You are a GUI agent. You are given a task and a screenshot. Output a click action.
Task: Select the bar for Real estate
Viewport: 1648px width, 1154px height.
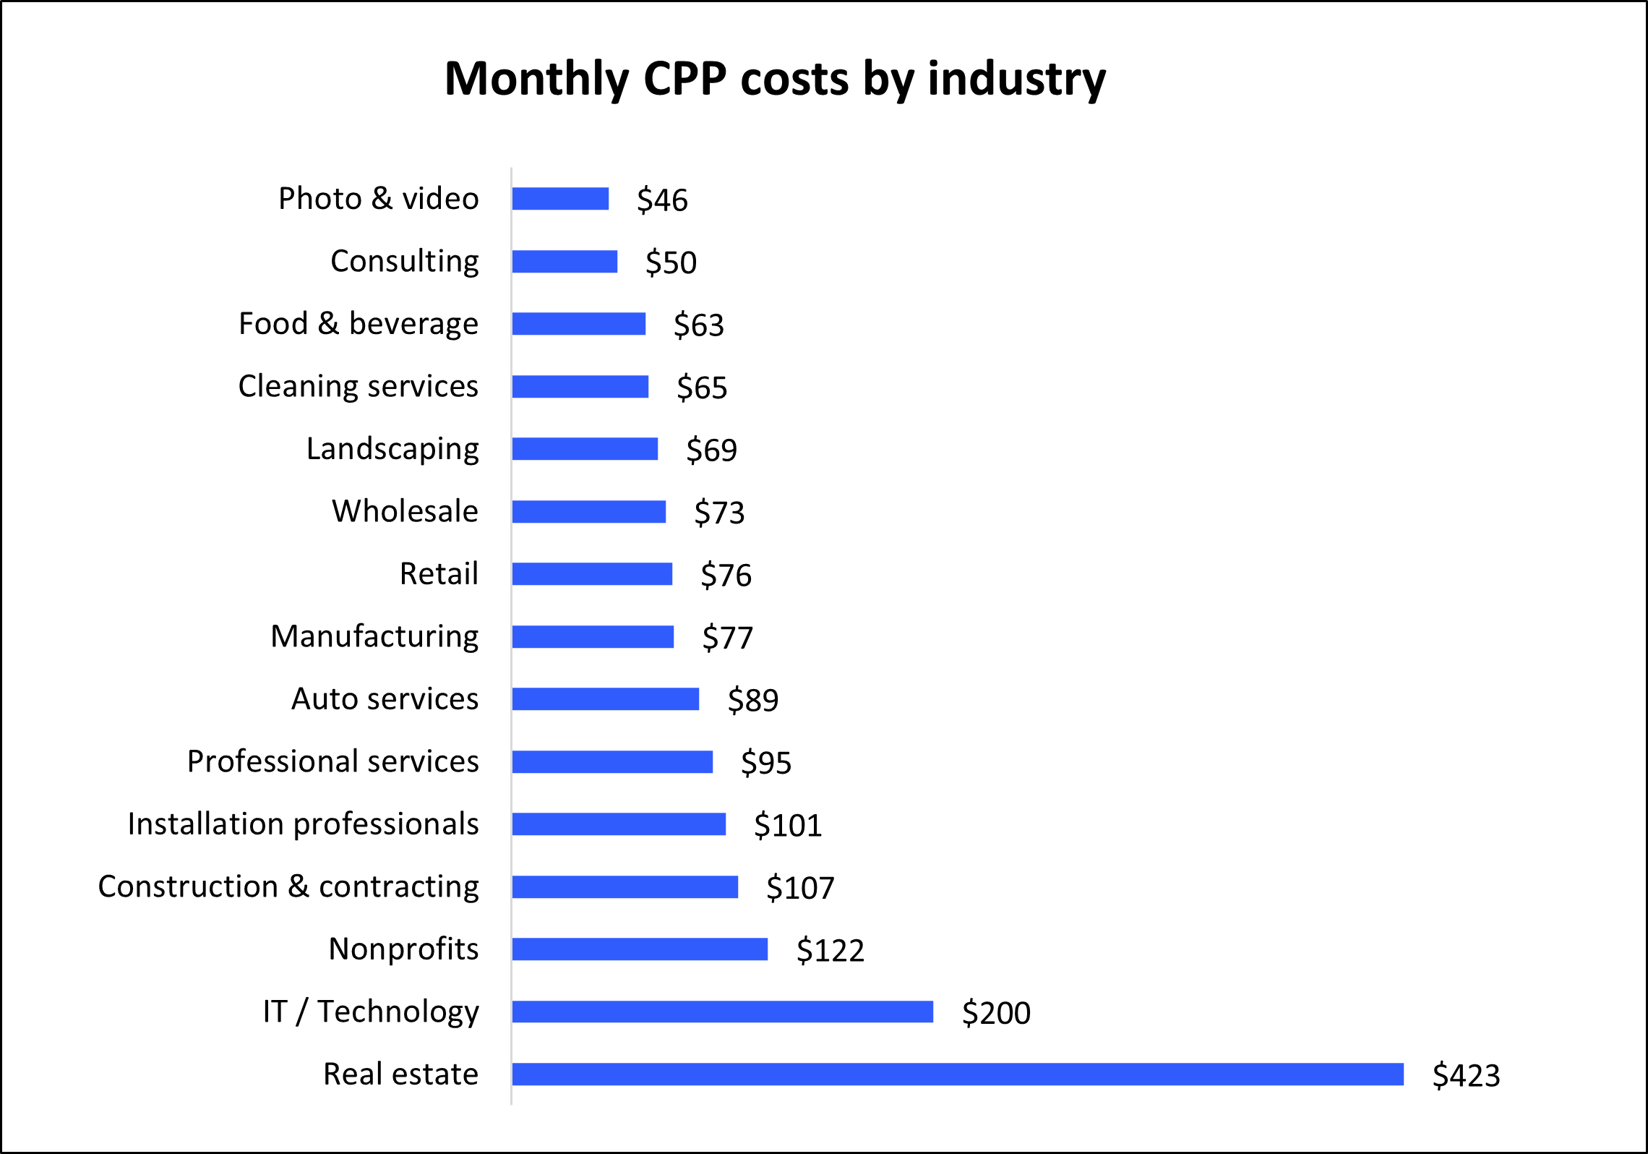(958, 1074)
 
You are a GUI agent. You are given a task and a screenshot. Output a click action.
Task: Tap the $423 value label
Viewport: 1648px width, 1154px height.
(1466, 1075)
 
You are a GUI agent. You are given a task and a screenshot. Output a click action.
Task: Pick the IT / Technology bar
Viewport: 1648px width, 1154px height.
(722, 1012)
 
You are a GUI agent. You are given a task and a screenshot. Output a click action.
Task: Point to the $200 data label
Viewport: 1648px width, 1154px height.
(995, 1013)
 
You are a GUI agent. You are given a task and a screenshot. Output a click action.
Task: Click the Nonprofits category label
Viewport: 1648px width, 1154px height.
(403, 949)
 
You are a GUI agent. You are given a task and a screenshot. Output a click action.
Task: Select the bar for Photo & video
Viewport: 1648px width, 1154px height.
(560, 198)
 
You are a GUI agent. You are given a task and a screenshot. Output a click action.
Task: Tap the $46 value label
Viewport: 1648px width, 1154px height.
(662, 200)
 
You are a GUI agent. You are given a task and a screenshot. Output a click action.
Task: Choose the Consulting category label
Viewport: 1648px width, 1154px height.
(404, 261)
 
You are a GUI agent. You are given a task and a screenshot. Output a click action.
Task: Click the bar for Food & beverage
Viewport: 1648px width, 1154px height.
(578, 323)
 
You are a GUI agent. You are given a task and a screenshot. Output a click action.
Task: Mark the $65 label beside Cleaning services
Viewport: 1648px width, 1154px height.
(701, 388)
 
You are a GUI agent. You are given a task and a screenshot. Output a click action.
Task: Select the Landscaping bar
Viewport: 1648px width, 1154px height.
(585, 448)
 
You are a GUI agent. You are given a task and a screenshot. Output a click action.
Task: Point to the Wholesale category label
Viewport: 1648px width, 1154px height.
(405, 511)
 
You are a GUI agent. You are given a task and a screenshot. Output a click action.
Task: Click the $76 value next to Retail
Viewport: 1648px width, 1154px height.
(726, 576)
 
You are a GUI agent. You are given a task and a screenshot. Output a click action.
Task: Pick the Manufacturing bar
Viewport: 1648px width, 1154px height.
(593, 636)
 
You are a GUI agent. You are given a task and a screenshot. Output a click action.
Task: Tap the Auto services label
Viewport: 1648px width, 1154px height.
(385, 699)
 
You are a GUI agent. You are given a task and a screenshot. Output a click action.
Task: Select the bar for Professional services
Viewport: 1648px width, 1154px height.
(612, 761)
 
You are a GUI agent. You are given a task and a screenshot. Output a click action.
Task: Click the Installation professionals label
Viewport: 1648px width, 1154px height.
(303, 824)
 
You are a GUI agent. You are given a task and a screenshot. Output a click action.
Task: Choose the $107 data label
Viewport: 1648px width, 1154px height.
(800, 888)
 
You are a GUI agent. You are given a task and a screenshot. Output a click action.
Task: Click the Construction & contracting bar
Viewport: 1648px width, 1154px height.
(625, 886)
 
